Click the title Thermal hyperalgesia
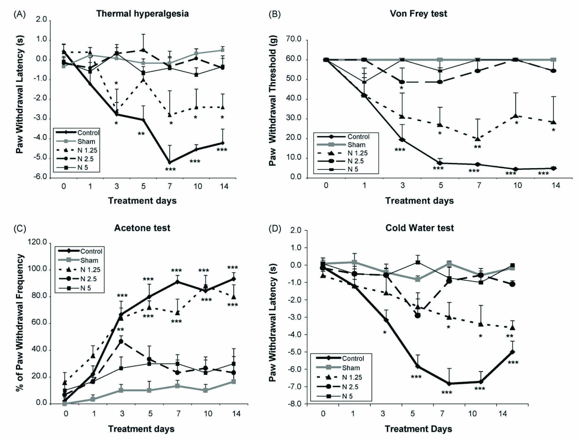point(142,14)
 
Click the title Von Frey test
point(418,14)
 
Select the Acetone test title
point(142,228)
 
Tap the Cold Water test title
point(420,228)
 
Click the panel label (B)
point(274,14)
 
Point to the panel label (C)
point(20,229)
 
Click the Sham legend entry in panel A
point(86,141)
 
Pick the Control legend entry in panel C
point(91,251)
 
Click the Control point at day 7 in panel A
point(170,162)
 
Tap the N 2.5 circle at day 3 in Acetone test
point(121,341)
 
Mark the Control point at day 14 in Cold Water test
point(512,352)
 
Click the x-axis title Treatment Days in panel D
point(418,429)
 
